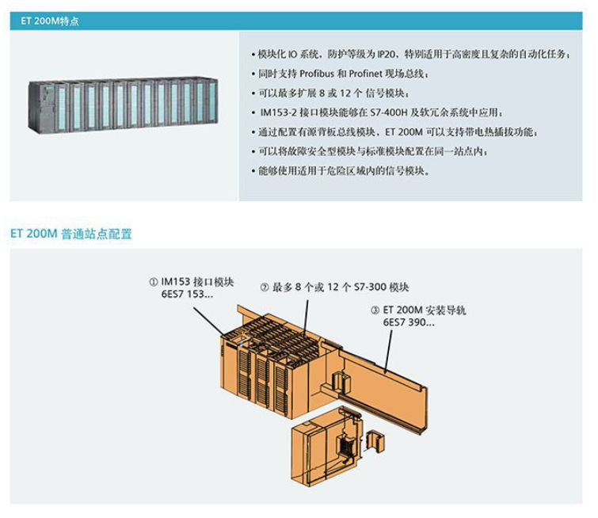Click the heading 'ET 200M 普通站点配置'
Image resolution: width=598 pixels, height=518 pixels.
coord(71,234)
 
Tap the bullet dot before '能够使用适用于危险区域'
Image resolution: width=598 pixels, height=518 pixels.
coord(252,169)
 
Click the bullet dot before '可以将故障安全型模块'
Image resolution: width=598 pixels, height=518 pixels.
coord(252,150)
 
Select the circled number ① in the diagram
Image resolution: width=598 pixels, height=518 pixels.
coord(154,281)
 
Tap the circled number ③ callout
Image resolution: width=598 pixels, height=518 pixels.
coord(375,310)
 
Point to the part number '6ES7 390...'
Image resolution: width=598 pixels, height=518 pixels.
coord(409,323)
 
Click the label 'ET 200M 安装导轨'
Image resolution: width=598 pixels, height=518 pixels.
coord(425,310)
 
